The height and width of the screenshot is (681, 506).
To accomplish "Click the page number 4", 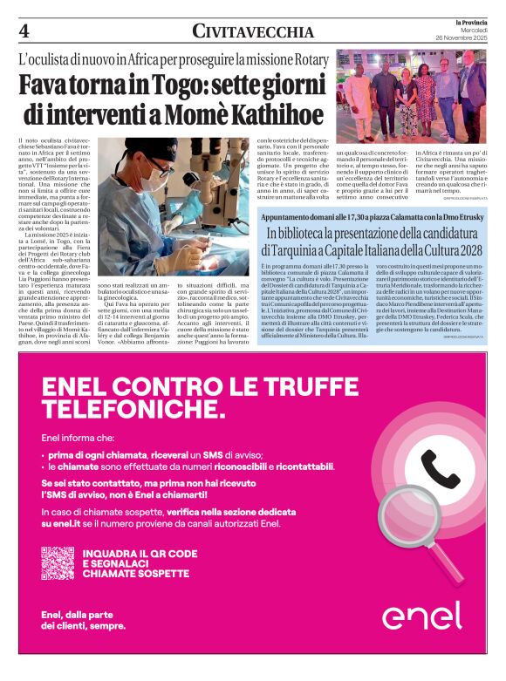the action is [x=24, y=31].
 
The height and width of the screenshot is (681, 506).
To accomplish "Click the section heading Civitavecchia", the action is [x=253, y=31].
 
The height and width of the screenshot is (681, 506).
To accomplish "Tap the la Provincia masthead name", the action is [x=468, y=22].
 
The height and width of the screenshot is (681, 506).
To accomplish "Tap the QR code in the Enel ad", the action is [x=58, y=562].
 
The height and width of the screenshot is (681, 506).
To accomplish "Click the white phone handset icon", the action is [x=440, y=469].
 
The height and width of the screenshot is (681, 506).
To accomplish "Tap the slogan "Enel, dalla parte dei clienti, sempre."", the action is [x=83, y=619].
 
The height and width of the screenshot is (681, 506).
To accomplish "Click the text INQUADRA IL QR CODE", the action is [x=140, y=553].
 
